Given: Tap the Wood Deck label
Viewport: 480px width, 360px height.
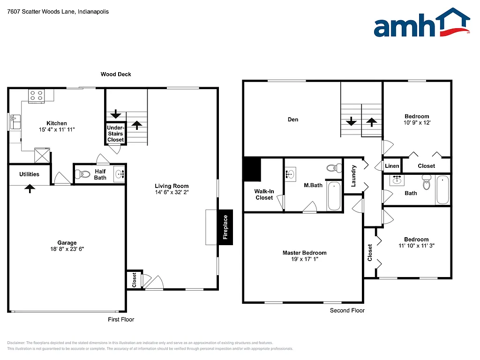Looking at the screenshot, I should tap(116, 74).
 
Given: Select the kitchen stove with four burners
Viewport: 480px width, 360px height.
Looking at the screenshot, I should tap(36, 96).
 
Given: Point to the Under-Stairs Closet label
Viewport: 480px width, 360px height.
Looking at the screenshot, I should tap(115, 134).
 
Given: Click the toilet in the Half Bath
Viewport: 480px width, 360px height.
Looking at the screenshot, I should tap(83, 174).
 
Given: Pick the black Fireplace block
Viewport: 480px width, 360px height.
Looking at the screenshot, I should tap(225, 227).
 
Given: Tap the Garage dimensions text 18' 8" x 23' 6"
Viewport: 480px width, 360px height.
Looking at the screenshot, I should tap(67, 249).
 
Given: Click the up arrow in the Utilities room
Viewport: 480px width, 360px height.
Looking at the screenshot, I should tap(30, 188).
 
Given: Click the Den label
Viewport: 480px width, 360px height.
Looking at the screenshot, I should tap(293, 120).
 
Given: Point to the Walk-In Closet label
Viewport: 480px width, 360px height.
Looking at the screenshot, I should tap(264, 195).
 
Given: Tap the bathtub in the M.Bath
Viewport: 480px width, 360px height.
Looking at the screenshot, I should tap(334, 196).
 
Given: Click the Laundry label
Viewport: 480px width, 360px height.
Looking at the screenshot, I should tap(354, 176).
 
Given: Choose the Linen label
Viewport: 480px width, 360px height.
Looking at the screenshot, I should tap(392, 166).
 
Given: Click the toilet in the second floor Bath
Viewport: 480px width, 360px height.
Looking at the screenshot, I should tap(426, 183).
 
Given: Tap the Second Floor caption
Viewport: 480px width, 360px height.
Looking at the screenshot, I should tap(347, 310).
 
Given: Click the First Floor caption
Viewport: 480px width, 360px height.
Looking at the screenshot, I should tap(121, 319).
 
